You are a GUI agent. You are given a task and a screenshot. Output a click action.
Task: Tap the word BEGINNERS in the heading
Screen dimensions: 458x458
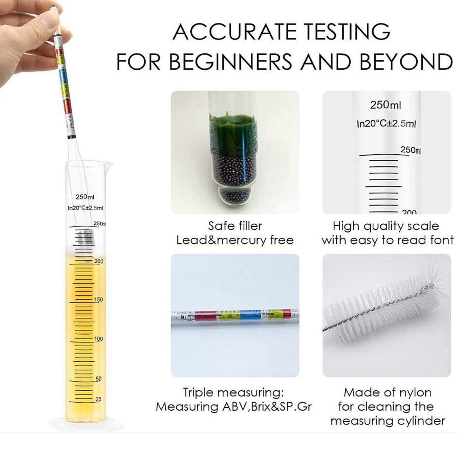[231, 61]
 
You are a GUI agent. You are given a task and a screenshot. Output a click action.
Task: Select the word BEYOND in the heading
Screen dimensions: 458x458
[406, 61]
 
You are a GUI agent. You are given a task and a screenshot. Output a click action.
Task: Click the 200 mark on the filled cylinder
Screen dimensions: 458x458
[99, 261]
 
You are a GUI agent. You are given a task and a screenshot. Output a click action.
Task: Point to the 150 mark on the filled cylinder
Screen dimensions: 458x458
[98, 299]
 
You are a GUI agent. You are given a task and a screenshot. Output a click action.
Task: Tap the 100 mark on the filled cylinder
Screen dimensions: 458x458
[98, 339]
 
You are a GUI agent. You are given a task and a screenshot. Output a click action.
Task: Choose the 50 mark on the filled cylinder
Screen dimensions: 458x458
[98, 378]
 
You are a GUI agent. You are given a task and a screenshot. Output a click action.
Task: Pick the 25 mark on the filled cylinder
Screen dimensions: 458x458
[98, 399]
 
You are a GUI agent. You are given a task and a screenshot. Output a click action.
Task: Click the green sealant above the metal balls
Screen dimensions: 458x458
[229, 132]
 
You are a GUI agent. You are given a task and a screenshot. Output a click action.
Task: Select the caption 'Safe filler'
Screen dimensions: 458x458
[235, 226]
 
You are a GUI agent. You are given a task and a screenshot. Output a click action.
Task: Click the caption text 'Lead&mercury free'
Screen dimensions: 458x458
[235, 240]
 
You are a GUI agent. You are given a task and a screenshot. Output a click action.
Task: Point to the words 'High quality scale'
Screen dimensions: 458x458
[386, 226]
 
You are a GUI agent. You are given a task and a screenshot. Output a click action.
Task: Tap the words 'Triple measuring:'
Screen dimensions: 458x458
[233, 392]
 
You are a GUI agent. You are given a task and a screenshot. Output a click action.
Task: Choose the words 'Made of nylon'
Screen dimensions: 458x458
[388, 392]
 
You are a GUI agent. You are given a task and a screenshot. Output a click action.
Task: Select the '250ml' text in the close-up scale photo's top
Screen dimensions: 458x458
[385, 105]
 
